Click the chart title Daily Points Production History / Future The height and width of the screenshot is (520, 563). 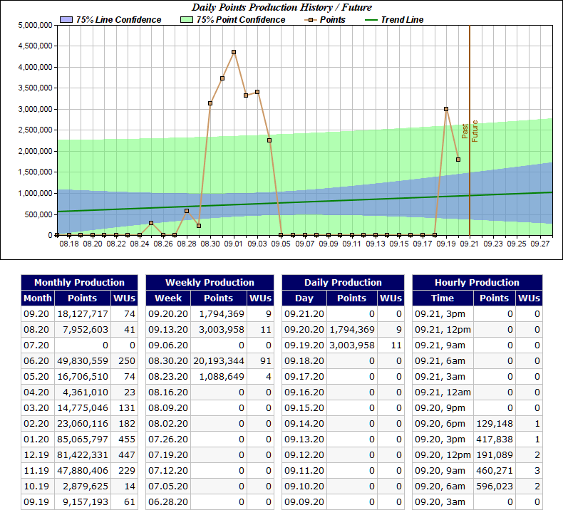[x=281, y=7]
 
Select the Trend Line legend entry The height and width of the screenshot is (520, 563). [x=400, y=20]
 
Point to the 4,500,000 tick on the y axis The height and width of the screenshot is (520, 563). [x=34, y=46]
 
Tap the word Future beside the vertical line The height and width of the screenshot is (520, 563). [x=475, y=130]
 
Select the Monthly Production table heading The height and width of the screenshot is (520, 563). [x=79, y=282]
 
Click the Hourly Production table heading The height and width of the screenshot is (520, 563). [x=477, y=282]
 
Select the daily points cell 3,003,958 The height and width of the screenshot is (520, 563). [x=351, y=345]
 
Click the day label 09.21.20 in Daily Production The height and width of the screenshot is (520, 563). [x=304, y=314]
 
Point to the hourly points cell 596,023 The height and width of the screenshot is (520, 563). [x=494, y=487]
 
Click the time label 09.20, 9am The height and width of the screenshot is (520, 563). [x=444, y=471]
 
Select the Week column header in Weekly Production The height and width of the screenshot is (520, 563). [x=168, y=298]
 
